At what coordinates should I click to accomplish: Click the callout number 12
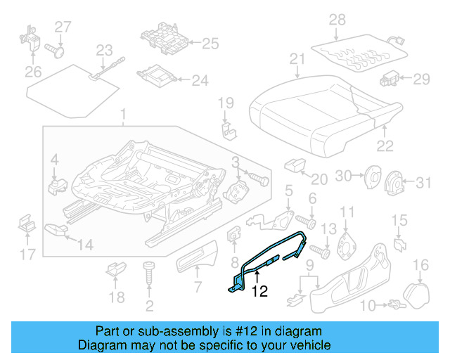pos(259,290)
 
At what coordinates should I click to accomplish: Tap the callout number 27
pos(63,27)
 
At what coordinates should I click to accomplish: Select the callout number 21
pos(298,59)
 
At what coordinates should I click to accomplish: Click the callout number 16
pos(420,265)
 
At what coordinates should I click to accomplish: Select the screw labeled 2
pos(148,275)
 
